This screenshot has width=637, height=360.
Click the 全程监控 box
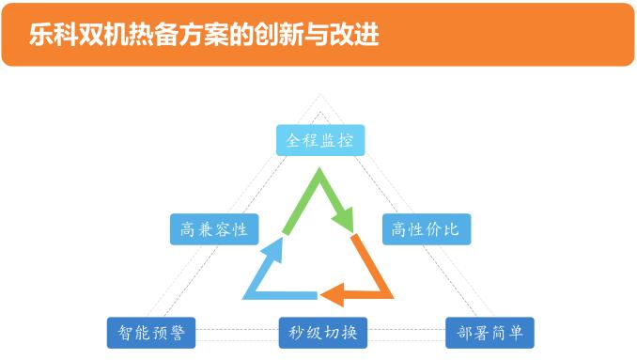320,140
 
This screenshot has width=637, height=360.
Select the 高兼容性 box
214,229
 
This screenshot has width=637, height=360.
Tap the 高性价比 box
427,229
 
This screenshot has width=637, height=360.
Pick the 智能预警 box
151,333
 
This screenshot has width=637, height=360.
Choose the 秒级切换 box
323,333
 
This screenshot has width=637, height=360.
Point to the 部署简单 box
489,333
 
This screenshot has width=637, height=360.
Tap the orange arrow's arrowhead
333,294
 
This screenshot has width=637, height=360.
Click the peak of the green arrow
319,168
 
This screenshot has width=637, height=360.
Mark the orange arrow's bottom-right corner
393,298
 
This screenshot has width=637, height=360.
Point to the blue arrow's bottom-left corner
243,299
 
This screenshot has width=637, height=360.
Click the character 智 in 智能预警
126,333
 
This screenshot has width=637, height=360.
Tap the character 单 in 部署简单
515,333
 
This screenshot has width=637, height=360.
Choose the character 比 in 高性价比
451,229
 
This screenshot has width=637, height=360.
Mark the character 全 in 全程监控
294,140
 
